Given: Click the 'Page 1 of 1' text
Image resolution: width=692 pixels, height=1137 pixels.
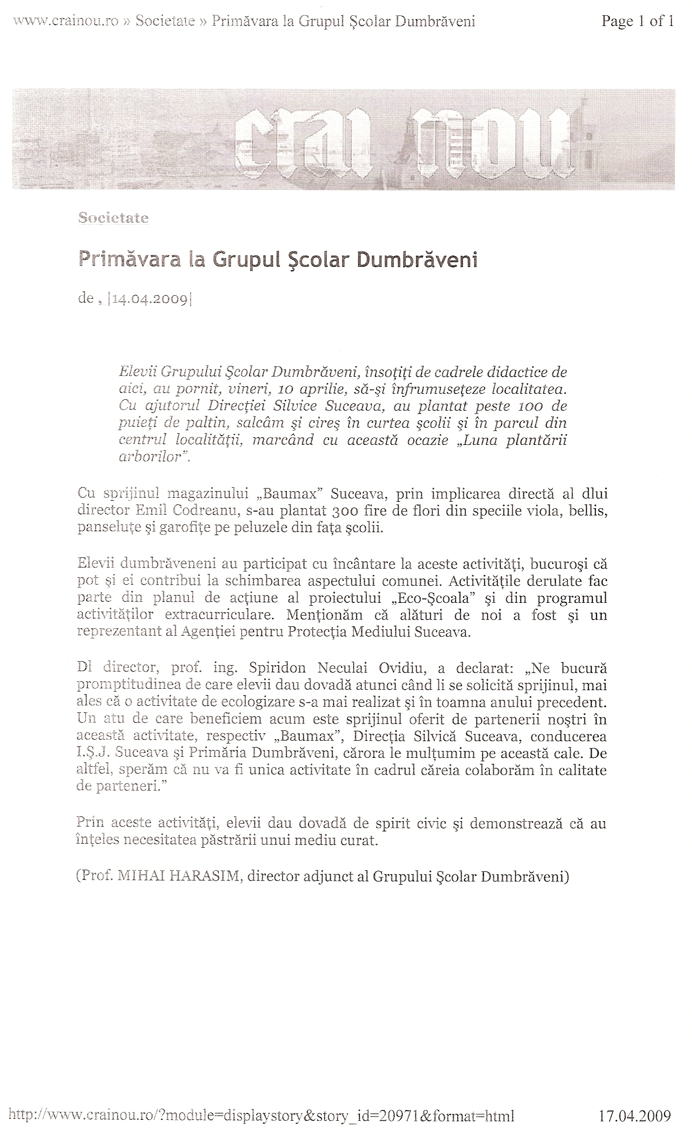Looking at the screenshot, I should [x=637, y=21].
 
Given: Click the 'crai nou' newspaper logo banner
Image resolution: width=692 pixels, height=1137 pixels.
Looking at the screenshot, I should [x=343, y=139].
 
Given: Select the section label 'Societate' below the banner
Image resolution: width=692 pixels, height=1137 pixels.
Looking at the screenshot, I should [x=113, y=218].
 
